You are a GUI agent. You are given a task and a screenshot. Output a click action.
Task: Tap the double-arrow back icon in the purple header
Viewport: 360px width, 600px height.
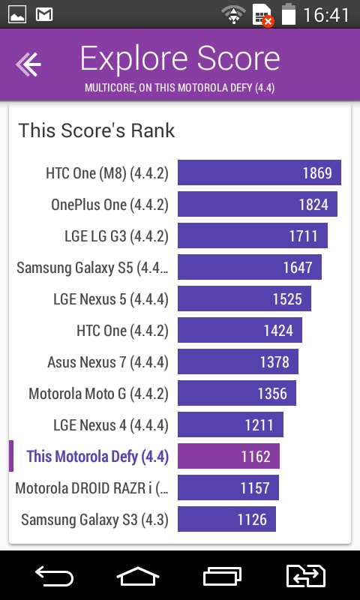(28, 64)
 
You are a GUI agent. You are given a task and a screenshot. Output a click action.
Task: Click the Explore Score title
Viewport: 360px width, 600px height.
(180, 58)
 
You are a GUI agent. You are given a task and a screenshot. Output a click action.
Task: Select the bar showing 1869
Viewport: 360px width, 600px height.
(259, 172)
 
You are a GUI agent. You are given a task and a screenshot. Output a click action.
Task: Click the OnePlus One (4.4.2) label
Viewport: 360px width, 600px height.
(109, 205)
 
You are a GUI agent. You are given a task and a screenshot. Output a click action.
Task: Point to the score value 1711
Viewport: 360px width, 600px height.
(304, 236)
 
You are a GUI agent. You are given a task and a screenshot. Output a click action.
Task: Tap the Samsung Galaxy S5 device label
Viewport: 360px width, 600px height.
(92, 268)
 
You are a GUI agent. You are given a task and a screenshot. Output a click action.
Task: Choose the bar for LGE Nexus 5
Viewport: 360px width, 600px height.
(244, 298)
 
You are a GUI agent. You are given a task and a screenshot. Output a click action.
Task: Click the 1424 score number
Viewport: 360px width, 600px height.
(278, 331)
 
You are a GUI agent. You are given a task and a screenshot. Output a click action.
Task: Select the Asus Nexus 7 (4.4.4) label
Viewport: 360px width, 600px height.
(108, 362)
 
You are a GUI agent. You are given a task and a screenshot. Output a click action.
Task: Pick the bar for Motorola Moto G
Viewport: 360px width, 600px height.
(237, 393)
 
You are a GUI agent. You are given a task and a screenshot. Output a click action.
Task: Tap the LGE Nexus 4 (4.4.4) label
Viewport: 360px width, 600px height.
(111, 425)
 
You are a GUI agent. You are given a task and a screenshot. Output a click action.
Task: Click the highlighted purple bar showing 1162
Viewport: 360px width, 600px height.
(229, 456)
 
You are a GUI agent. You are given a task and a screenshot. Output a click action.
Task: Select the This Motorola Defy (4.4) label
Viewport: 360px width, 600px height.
(97, 457)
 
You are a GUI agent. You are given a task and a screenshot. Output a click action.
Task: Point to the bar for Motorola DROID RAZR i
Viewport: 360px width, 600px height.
(229, 487)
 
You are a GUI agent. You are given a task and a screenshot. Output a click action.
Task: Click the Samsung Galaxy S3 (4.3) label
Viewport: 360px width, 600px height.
(95, 520)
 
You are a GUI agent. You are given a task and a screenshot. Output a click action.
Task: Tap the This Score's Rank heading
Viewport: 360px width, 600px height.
(97, 130)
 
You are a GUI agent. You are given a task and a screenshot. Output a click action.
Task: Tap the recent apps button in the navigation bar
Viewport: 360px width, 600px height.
(222, 575)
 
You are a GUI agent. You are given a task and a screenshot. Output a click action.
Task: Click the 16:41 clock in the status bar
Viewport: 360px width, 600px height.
(326, 15)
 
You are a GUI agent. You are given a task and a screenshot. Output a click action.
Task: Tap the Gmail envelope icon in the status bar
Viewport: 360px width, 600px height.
(44, 14)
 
